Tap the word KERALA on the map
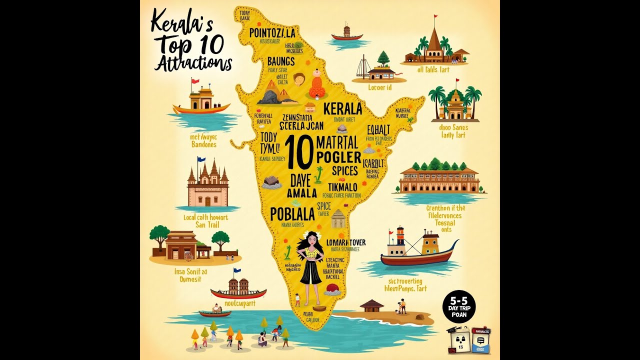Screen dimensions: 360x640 coord(342,108)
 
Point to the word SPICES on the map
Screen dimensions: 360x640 coord(344,170)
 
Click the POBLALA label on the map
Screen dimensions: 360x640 coord(292,214)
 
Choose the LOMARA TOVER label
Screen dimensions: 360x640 coord(345,242)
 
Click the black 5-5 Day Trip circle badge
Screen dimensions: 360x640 coord(459,306)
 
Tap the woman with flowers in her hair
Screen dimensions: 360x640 coord(311,265)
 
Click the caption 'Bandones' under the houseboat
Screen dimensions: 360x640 coord(203,144)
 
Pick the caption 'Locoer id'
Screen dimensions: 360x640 coord(379,87)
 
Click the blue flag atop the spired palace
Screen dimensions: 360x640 coord(201,160)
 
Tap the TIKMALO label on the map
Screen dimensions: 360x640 coord(339,186)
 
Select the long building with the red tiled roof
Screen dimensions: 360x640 coord(439,180)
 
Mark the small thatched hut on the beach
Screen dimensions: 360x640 coord(371,305)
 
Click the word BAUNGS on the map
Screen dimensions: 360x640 coord(280,61)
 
